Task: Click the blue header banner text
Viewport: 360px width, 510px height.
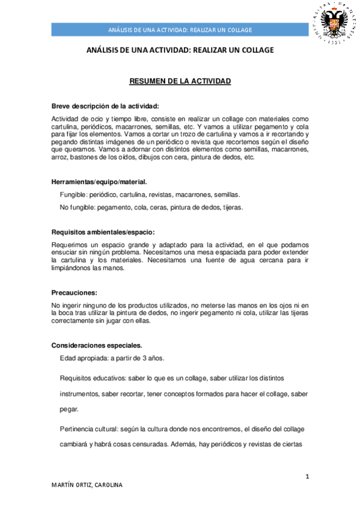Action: click(x=180, y=30)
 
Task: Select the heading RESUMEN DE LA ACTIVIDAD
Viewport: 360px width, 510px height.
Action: click(x=180, y=81)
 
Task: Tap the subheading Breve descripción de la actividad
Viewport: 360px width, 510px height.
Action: click(x=105, y=106)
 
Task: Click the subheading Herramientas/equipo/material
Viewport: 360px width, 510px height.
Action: click(x=99, y=181)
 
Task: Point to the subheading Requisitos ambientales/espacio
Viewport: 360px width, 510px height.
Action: click(x=103, y=232)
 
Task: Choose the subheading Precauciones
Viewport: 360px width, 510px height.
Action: click(x=75, y=292)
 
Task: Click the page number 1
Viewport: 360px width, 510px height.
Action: click(x=307, y=477)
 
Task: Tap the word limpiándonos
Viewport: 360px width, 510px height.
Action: click(x=74, y=268)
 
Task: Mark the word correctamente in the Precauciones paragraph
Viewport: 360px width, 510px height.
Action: click(x=76, y=321)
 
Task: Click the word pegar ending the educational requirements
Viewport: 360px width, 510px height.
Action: click(x=69, y=408)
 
